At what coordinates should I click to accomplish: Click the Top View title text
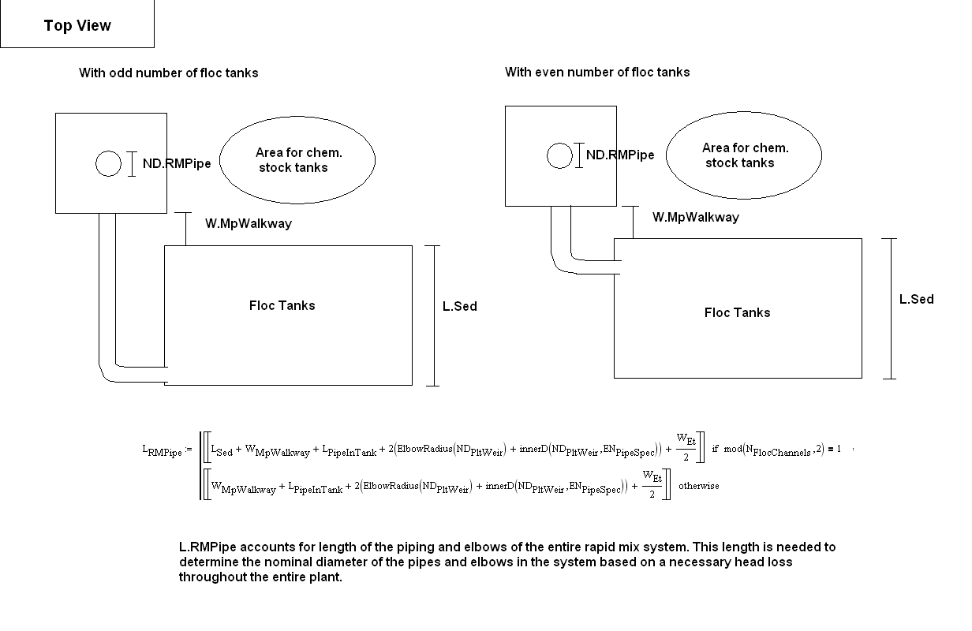[77, 25]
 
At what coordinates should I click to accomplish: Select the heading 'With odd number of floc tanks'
[168, 73]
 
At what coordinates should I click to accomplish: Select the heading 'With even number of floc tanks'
[597, 72]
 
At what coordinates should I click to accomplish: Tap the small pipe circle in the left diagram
[109, 163]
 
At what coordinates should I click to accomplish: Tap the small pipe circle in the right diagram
[560, 155]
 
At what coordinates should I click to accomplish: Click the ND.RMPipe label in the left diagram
[177, 163]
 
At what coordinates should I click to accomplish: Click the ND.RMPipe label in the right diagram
[620, 155]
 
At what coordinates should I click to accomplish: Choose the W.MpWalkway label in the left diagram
[249, 224]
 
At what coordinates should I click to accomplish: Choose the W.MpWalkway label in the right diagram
[696, 217]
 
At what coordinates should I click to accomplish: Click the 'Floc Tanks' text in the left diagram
[282, 306]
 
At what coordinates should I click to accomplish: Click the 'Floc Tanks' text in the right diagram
[737, 312]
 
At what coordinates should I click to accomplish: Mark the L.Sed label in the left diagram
[459, 307]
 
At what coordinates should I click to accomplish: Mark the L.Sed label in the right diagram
[917, 299]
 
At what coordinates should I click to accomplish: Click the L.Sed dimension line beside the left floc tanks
[434, 315]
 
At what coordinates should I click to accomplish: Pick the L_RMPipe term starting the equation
[163, 450]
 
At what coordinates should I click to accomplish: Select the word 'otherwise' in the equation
[699, 486]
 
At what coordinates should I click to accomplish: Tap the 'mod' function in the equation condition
[733, 449]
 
